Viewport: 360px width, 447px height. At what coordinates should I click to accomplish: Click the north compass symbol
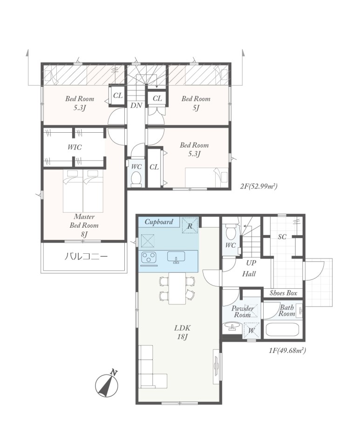[107, 385]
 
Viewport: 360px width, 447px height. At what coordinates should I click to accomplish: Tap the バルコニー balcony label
[86, 257]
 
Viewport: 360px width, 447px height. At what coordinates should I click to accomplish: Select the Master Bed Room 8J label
[84, 225]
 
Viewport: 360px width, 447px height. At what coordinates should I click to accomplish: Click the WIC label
[75, 147]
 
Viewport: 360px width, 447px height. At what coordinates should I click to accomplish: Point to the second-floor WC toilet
[136, 179]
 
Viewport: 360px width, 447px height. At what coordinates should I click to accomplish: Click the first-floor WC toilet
[231, 231]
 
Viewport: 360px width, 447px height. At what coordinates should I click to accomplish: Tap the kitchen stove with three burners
[149, 258]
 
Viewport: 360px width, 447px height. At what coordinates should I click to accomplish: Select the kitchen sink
[176, 257]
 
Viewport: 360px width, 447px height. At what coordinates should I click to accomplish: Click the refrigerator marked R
[190, 225]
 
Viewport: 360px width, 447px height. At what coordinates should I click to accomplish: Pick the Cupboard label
[159, 222]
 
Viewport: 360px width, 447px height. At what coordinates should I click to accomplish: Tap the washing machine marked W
[251, 331]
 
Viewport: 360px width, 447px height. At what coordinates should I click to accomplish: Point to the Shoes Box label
[283, 293]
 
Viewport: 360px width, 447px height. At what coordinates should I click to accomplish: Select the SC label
[282, 237]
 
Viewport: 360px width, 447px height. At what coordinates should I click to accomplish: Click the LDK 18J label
[183, 332]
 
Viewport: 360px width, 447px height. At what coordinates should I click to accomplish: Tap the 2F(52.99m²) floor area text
[258, 186]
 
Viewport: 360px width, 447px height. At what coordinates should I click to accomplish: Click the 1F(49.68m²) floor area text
[287, 350]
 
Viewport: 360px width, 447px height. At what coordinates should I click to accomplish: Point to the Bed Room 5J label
[196, 103]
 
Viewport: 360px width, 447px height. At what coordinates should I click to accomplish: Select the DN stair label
[136, 106]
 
